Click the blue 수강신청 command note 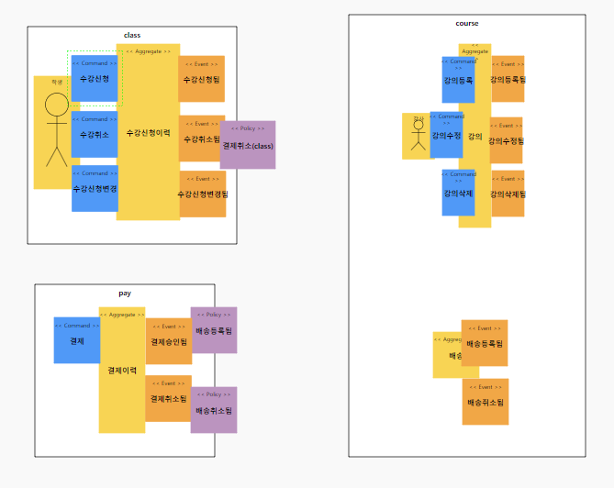[95, 79]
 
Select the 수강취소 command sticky [95, 134]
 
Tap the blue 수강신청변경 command [95, 188]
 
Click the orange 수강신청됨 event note [202, 79]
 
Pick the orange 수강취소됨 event [201, 139]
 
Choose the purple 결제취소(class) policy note [248, 144]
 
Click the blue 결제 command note [77, 340]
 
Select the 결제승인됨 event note [169, 341]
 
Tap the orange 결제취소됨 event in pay [169, 398]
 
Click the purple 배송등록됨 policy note [214, 330]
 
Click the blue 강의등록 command [458, 80]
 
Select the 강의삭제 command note [458, 193]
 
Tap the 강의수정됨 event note [506, 140]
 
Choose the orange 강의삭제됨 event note [508, 193]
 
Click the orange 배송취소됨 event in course [485, 402]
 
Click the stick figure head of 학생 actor [57, 104]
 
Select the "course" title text [466, 23]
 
